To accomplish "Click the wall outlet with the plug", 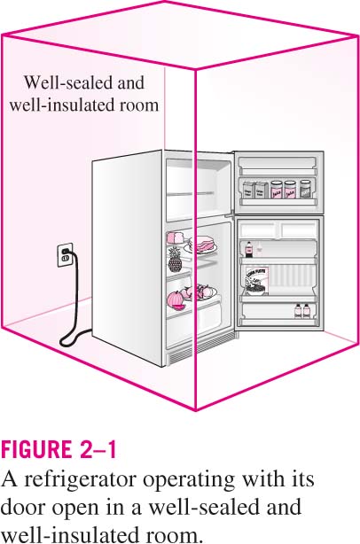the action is [65, 254].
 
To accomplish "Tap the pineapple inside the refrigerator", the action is [175, 261].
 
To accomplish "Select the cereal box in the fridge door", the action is [256, 281].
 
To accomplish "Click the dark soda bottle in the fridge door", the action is [249, 250].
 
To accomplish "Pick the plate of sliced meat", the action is [200, 245].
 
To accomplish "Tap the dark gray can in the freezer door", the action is [305, 189].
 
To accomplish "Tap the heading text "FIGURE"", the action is [35, 449].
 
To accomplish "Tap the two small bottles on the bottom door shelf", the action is [302, 310].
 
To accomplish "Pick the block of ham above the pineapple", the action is [176, 238].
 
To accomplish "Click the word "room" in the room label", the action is [139, 105].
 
